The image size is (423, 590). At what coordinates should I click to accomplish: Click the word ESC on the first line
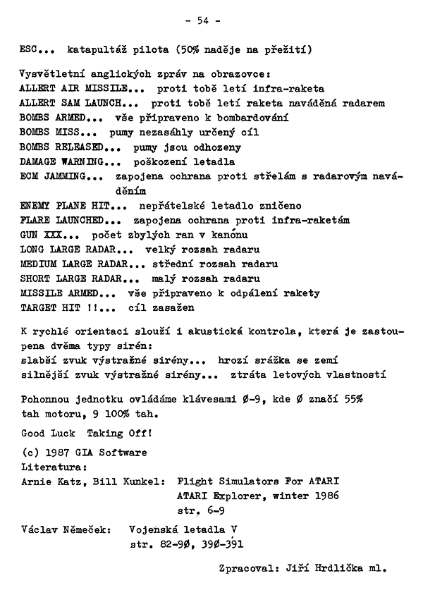pyautogui.click(x=30, y=50)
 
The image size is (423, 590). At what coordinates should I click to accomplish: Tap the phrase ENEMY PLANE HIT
pyautogui.click(x=64, y=206)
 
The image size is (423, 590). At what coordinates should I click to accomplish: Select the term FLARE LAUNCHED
pyautogui.click(x=61, y=220)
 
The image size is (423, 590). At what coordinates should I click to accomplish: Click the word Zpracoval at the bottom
pyautogui.click(x=245, y=566)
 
